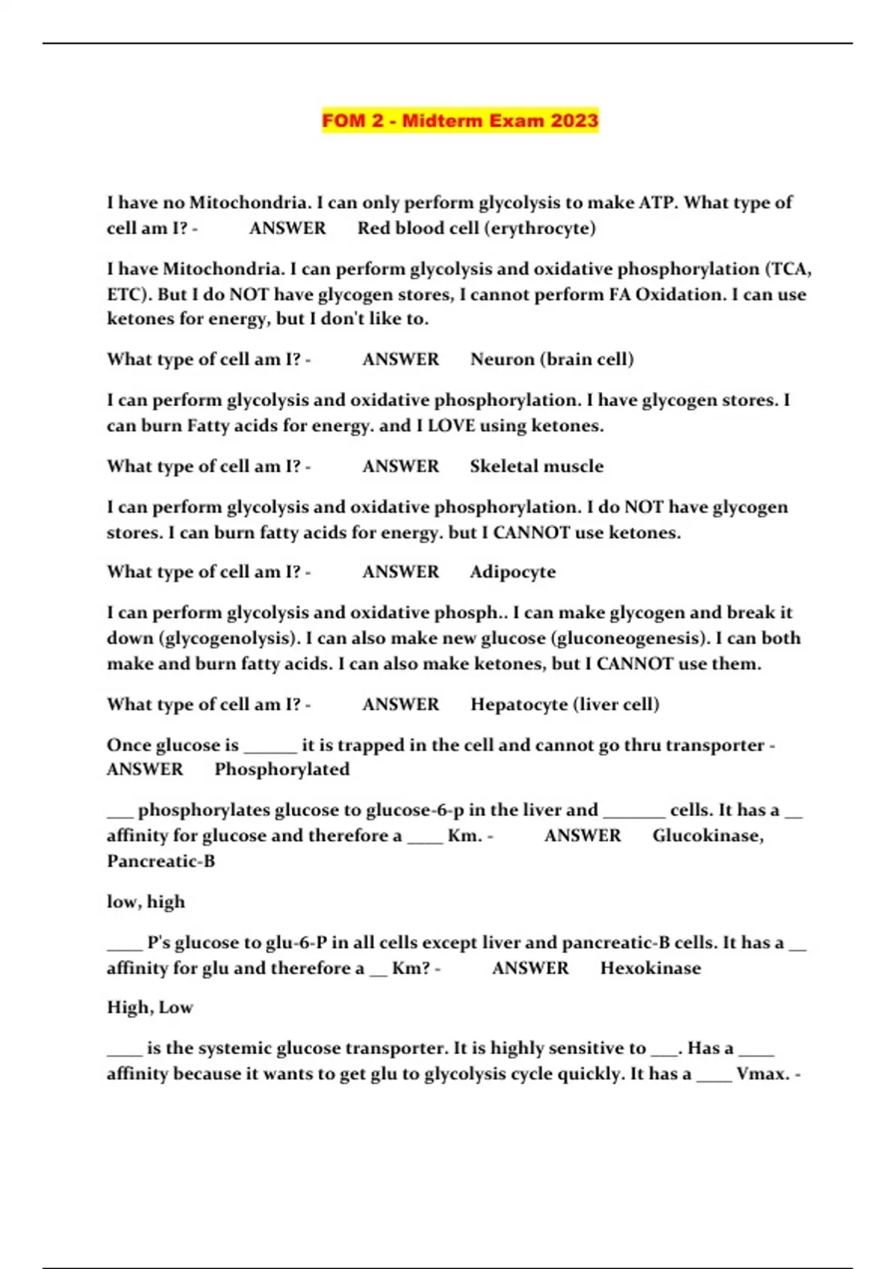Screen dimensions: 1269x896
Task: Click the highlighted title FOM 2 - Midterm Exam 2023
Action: pyautogui.click(x=460, y=120)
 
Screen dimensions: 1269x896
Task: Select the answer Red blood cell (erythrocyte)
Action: pyautogui.click(x=476, y=228)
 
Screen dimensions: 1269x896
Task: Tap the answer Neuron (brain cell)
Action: pyautogui.click(x=552, y=360)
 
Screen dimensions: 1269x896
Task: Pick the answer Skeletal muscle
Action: pyautogui.click(x=536, y=467)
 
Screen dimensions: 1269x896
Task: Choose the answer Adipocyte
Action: pyautogui.click(x=512, y=573)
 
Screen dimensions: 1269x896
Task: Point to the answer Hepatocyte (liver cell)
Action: pyautogui.click(x=564, y=705)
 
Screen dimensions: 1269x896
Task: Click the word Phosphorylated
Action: pyautogui.click(x=281, y=770)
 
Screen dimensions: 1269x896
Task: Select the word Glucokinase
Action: pyautogui.click(x=706, y=836)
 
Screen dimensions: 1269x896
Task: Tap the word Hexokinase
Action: pyautogui.click(x=650, y=968)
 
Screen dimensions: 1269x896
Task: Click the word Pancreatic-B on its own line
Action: pyautogui.click(x=161, y=861)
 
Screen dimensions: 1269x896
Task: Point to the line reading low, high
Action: pyautogui.click(x=146, y=902)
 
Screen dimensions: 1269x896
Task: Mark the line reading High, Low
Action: pyautogui.click(x=149, y=1008)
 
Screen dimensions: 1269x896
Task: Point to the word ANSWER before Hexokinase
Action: pyautogui.click(x=530, y=968)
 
